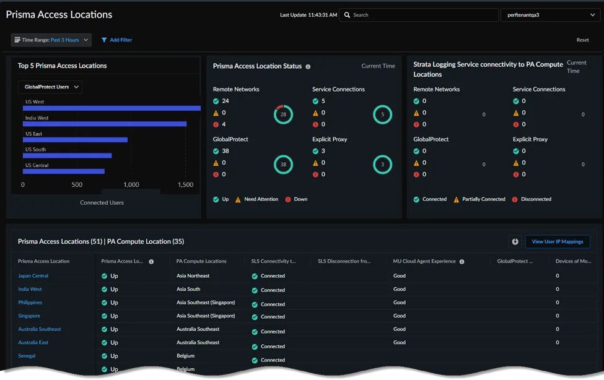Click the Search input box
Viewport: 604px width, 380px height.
(x=418, y=15)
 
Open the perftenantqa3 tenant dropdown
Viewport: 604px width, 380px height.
(x=550, y=15)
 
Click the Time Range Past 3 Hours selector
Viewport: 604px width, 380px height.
(x=51, y=40)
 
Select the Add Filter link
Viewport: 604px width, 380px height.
(x=116, y=40)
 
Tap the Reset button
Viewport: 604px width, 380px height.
(x=582, y=40)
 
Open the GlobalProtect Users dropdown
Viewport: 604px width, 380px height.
(x=50, y=87)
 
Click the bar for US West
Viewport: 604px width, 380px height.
(x=112, y=108)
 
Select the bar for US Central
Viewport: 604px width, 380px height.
(x=64, y=171)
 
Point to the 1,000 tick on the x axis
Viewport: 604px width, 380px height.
(x=131, y=185)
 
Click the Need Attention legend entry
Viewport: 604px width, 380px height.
(x=256, y=199)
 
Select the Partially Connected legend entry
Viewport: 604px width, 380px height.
(x=479, y=199)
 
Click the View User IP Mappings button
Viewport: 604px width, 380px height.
(x=558, y=241)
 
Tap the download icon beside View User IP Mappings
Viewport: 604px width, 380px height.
(x=515, y=241)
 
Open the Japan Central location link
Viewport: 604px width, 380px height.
(x=33, y=275)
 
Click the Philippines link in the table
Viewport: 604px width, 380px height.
(x=30, y=302)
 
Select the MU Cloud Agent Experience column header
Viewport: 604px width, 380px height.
(x=424, y=261)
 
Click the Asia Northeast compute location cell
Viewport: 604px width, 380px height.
(x=193, y=275)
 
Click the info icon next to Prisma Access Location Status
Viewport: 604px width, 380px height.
(x=308, y=67)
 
